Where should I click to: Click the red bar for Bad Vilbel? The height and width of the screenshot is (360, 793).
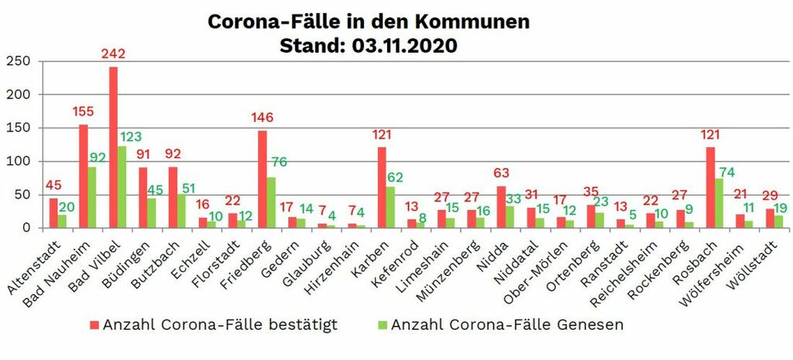point(113,147)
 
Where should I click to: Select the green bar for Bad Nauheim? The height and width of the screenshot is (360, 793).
point(92,197)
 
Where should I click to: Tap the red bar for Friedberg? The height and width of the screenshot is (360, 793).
point(263,179)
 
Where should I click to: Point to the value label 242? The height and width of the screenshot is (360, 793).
point(113,55)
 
